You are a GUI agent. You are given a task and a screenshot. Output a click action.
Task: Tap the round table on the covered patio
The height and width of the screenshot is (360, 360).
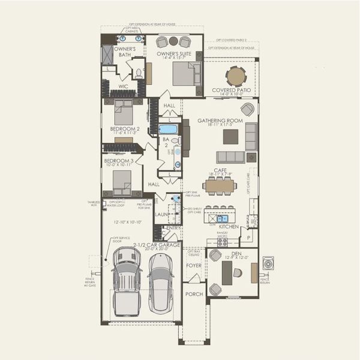coord(235,76)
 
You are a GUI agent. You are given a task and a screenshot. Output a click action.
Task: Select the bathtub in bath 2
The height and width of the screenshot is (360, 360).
coord(168,129)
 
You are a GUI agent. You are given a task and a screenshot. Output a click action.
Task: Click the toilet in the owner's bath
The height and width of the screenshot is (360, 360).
coord(138,74)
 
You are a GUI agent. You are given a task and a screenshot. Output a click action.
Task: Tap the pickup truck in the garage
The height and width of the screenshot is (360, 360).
coord(127,284)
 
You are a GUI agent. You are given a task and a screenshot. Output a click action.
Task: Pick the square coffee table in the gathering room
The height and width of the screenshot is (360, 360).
coord(230,137)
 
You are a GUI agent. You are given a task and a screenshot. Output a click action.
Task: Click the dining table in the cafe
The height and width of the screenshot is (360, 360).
coord(220,186)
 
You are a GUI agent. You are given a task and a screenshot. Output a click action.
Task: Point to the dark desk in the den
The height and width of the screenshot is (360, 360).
coord(227,273)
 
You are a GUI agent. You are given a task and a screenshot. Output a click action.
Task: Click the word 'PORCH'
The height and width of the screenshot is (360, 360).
coord(194,294)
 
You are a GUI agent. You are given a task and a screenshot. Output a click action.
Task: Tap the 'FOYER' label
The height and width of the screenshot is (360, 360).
coord(194,265)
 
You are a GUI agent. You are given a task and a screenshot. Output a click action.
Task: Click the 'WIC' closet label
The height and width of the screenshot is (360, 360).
coord(124,86)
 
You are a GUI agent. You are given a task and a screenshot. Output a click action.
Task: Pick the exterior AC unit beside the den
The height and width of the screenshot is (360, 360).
coord(268,263)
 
